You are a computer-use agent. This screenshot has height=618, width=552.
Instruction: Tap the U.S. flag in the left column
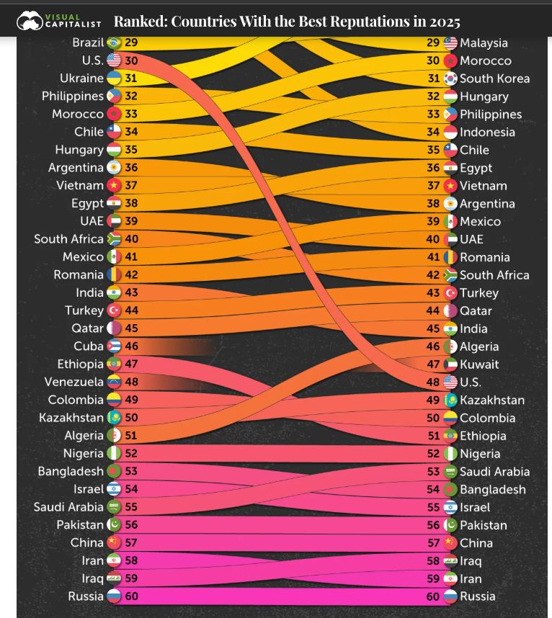tap(114, 61)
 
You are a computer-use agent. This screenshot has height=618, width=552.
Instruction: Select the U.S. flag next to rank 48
tap(450, 382)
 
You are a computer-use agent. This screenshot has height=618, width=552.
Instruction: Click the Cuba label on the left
tap(89, 346)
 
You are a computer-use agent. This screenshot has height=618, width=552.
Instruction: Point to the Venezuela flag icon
tap(114, 382)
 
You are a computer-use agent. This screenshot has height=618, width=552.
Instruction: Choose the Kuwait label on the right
tap(479, 364)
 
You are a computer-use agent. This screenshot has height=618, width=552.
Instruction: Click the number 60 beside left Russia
tap(131, 596)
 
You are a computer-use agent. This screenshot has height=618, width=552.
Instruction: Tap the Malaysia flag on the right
tap(450, 43)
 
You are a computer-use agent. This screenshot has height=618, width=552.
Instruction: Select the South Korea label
tap(494, 79)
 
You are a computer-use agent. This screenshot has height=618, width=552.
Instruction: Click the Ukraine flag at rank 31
tap(114, 79)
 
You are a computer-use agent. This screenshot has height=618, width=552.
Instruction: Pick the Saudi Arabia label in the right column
tap(494, 472)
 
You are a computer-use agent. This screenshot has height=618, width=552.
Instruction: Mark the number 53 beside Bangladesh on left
tap(131, 471)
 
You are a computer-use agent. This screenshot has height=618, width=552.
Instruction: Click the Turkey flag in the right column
tap(450, 293)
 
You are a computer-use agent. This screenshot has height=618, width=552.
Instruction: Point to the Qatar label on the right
tap(476, 311)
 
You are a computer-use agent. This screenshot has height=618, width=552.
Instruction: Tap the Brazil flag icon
tap(114, 42)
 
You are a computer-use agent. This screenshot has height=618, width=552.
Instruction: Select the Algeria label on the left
tap(84, 436)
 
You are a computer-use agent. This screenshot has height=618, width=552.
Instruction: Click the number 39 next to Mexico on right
tap(433, 222)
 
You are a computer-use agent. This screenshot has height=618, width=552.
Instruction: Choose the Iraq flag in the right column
tap(450, 561)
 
